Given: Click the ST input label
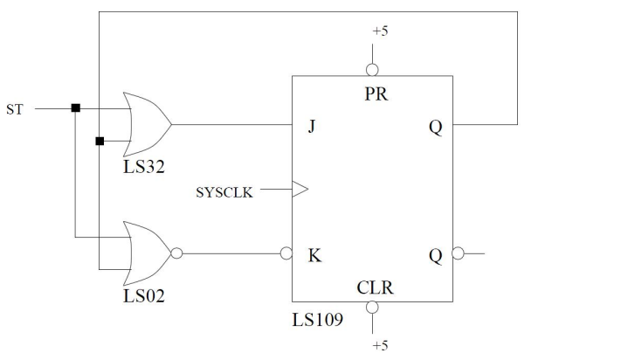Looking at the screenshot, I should (16, 109).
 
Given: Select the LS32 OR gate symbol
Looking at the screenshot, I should (148, 123).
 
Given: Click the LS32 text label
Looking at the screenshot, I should (144, 164).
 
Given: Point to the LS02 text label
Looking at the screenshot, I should (144, 295).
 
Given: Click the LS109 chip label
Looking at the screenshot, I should (317, 320).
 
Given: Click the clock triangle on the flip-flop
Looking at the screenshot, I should (300, 188).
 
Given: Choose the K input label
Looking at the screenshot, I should (314, 256).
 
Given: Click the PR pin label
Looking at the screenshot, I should (375, 94).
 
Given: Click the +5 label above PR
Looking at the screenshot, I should (380, 31).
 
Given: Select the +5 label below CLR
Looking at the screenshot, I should (380, 345).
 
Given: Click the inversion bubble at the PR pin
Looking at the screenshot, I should (372, 70).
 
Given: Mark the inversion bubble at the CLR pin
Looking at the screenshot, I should (372, 308).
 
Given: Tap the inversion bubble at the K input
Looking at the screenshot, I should (286, 254).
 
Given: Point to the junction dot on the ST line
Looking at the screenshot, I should (76, 108).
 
